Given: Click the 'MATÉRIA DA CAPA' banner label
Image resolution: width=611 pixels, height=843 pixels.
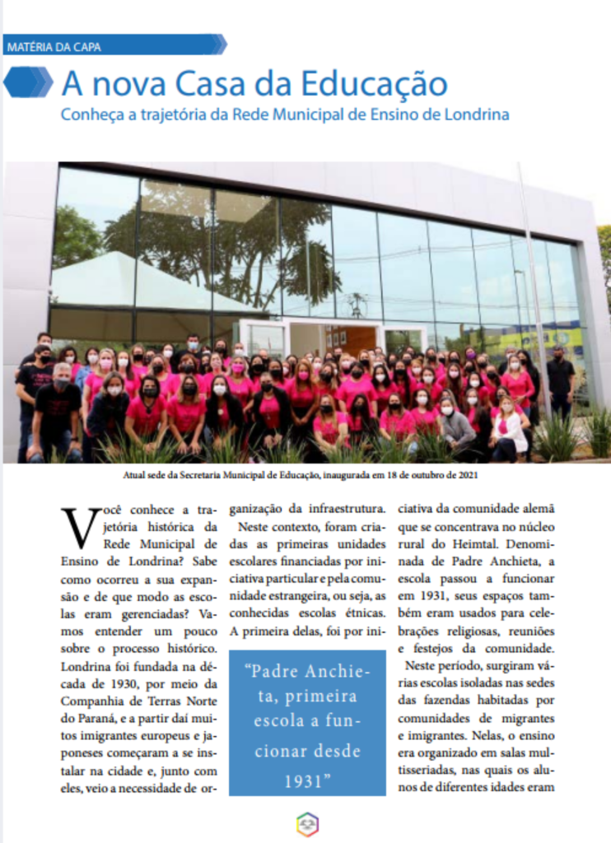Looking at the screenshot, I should [x=54, y=47].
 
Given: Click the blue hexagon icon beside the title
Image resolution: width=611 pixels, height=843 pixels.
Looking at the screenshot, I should [x=28, y=82].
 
